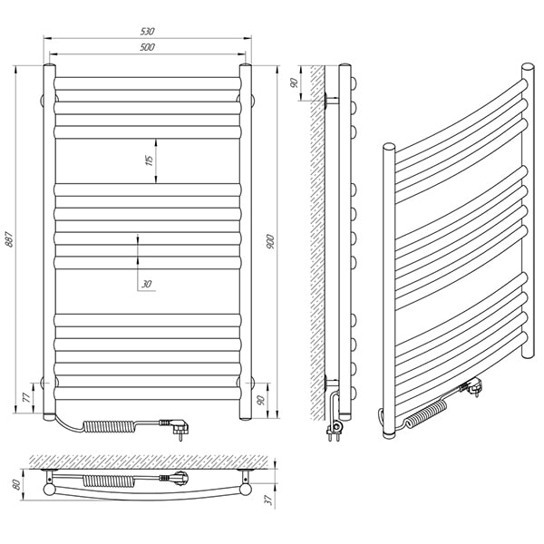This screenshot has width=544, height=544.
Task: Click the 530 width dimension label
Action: coord(147,31)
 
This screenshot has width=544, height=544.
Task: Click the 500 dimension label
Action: coord(147,47)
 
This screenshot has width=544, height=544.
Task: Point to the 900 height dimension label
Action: coord(270,242)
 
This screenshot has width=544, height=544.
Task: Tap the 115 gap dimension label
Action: coord(150,161)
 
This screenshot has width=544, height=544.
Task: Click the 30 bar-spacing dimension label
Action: coord(146,284)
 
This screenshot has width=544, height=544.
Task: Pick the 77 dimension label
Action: coord(26,398)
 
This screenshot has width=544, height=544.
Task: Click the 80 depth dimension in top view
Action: coord(16,484)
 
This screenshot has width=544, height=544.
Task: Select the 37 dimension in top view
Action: coord(267,500)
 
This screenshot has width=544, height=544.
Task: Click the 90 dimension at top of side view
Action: coord(294,83)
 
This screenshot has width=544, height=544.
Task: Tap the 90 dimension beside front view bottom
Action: coord(262,400)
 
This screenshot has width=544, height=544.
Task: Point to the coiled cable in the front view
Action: coord(108,426)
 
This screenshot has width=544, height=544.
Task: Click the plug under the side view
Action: coord(335,429)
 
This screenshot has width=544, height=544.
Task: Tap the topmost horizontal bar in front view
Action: coord(147,84)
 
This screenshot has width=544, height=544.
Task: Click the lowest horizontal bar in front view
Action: coord(147,393)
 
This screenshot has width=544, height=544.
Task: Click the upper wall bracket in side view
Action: coord(331,101)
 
